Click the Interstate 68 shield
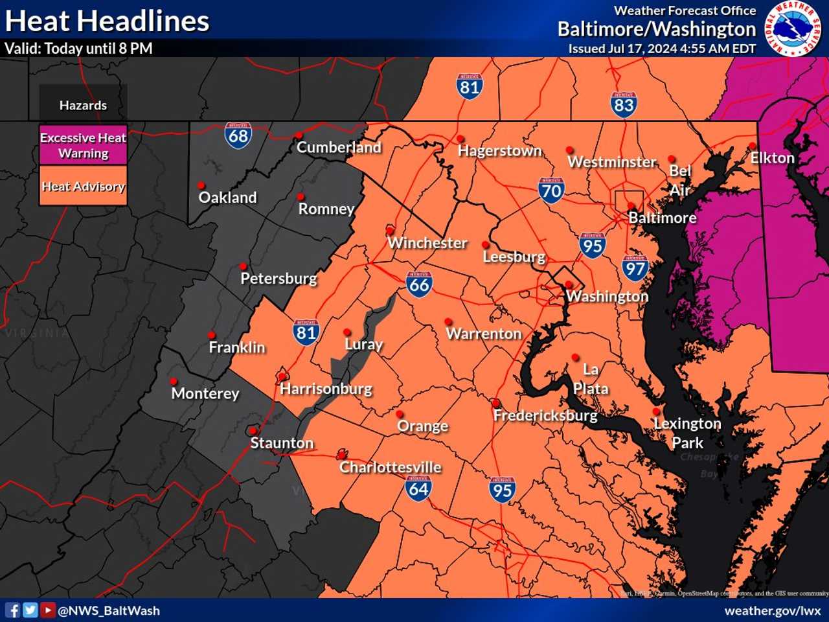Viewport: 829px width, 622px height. point(238,135)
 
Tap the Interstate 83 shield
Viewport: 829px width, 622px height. point(623,104)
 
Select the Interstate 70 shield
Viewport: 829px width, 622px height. point(551,190)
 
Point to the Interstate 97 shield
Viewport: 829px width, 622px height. point(635,268)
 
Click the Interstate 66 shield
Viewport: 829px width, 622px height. point(419,284)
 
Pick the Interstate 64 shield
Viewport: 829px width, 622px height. point(418,489)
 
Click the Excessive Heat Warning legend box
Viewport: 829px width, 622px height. point(83,145)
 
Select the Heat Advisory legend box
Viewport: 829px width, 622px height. point(83,187)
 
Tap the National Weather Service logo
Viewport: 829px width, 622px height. point(793,29)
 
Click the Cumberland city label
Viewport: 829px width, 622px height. point(339,148)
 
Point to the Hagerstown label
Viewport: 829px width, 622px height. point(499,151)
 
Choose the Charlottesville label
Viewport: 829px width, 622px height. point(390,467)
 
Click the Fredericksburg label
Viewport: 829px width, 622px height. point(545,415)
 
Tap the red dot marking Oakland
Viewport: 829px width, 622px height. point(201,185)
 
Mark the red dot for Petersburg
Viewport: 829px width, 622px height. point(243,266)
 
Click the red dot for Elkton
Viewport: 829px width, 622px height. point(752,146)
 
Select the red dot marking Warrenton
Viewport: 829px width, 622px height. point(448,321)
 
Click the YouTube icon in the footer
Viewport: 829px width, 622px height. point(48,610)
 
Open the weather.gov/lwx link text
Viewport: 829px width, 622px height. point(772,610)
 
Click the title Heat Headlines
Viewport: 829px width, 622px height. point(108,21)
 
